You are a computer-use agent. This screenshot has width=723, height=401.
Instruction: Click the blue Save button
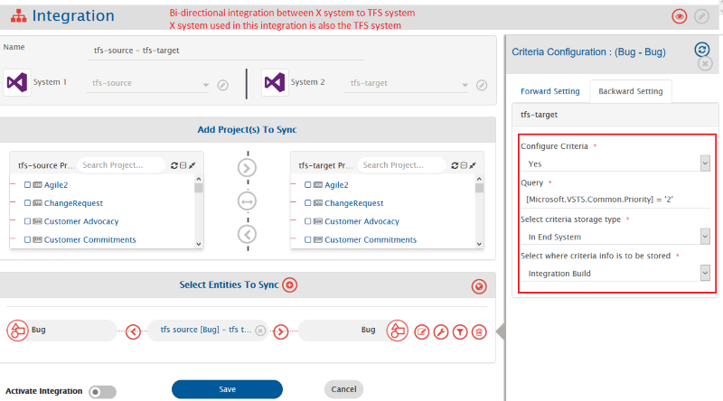point(227,389)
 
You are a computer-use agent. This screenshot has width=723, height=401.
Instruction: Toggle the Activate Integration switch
point(102,392)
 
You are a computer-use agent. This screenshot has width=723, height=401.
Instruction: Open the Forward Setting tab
point(550,91)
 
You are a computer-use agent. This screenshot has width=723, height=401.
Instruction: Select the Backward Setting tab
point(630,91)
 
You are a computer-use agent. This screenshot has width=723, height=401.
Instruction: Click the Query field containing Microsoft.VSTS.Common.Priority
point(615,200)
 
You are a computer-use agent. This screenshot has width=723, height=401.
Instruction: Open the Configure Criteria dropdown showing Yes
point(615,163)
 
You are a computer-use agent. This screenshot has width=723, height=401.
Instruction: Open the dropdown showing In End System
point(615,237)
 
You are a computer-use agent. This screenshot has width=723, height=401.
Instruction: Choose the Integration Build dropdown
point(615,274)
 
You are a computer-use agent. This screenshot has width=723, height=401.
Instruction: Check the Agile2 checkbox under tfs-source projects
point(28,185)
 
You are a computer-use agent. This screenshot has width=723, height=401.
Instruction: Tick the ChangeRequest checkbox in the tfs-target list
point(308,203)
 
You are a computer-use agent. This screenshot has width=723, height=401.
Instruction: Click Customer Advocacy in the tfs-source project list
point(81,221)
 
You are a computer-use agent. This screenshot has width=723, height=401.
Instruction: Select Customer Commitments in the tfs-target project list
point(371,239)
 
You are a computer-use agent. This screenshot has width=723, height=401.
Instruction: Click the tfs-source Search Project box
point(121,165)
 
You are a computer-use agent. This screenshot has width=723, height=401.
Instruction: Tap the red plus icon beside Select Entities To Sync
point(289,284)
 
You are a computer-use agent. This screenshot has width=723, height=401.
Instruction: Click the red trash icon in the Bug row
point(479,331)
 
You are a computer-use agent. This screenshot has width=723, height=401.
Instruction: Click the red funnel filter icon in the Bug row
point(460,331)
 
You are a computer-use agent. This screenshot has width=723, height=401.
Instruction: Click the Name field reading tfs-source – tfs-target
point(226,51)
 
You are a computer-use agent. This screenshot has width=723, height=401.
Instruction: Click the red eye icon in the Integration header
point(680,16)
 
